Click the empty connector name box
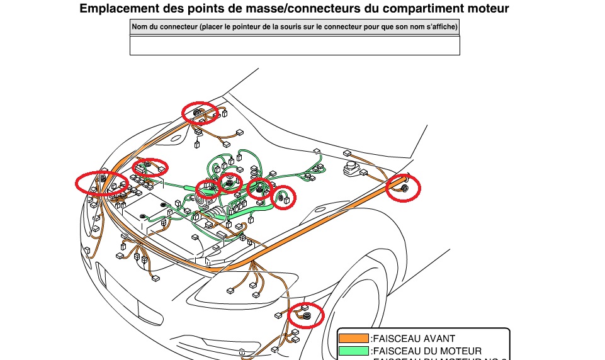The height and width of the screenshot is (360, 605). [295, 45]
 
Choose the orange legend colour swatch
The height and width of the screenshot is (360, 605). [353, 339]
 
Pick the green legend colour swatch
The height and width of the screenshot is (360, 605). [353, 351]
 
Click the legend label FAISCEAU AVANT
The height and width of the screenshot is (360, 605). [414, 339]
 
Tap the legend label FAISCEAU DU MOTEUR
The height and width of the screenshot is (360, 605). [427, 351]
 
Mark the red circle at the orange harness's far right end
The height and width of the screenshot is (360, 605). [402, 188]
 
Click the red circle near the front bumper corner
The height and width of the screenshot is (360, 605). [306, 314]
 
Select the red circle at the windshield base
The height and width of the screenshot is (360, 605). [200, 112]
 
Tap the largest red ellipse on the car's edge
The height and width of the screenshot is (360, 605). [101, 182]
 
